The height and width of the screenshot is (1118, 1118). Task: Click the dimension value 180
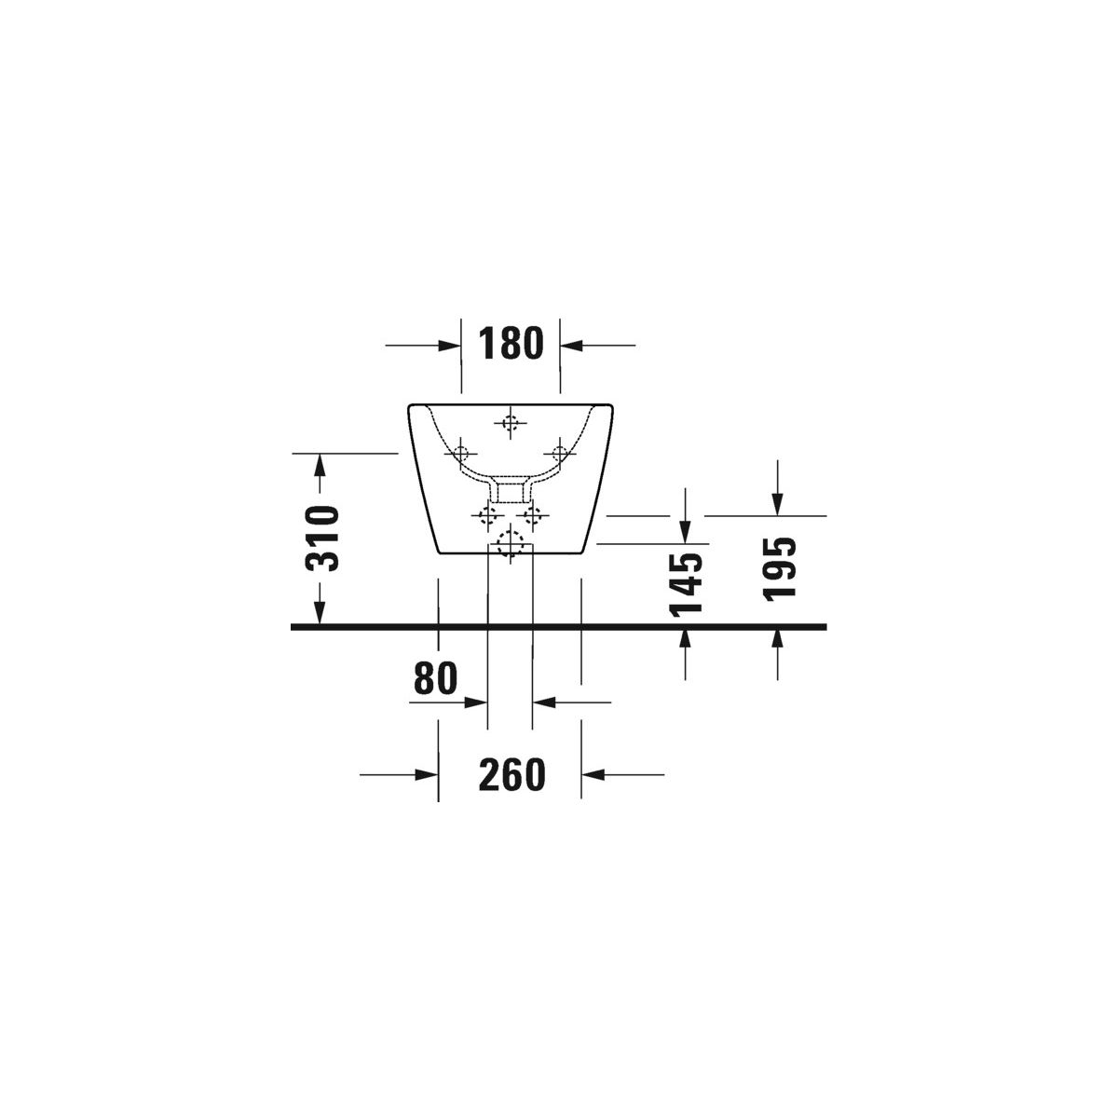click(511, 344)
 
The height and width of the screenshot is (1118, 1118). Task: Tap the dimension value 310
click(321, 538)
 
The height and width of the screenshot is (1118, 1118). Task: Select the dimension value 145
click(685, 583)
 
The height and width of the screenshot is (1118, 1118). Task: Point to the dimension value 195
click(779, 568)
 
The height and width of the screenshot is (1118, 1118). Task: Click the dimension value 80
click(436, 678)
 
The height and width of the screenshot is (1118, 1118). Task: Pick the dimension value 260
click(512, 774)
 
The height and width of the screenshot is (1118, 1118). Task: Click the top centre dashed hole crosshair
click(510, 423)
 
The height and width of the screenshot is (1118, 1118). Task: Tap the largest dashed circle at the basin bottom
click(510, 545)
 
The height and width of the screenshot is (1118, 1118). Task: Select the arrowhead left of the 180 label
click(449, 346)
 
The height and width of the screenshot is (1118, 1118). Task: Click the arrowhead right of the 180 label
click(571, 346)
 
